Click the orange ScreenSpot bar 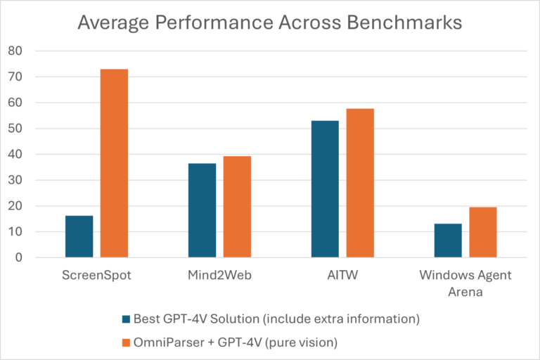114,163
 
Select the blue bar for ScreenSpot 79,236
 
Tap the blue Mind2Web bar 202,210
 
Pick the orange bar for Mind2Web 237,207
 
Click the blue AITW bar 325,189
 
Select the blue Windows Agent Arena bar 448,240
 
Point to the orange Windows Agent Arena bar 483,232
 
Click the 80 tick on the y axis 15,51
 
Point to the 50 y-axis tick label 15,129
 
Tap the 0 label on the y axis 19,258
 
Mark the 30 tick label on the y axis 15,181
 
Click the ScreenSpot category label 96,274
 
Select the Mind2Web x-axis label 219,274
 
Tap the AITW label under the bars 342,274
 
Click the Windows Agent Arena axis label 465,282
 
